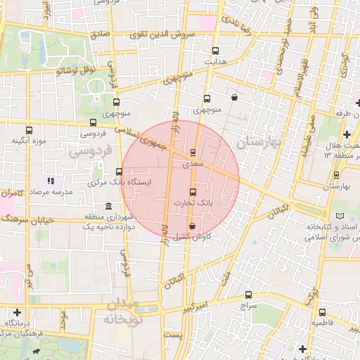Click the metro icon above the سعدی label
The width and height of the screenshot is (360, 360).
(x=193, y=153)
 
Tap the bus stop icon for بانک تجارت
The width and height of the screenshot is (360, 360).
(x=194, y=192)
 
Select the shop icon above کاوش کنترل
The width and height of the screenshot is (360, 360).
(x=193, y=226)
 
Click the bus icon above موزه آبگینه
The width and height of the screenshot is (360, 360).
(x=29, y=130)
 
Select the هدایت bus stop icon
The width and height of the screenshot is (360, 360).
(x=215, y=51)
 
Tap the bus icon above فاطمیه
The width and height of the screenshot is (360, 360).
(x=322, y=311)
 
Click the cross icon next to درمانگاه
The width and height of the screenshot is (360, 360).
(x=18, y=311)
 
